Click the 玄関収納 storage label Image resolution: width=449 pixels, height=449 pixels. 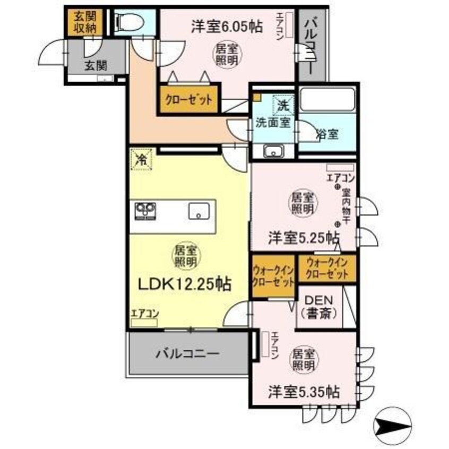82,22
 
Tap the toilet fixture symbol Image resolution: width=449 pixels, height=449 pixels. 127,22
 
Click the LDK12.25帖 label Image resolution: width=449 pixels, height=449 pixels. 184,285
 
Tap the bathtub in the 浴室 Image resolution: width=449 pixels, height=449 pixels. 327,100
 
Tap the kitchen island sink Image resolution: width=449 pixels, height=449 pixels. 200,211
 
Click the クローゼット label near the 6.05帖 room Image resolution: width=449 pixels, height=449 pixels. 188,99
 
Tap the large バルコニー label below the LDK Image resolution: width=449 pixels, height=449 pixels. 188,353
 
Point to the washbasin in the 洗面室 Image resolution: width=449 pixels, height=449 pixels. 274,151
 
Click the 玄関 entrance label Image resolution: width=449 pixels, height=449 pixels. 95,65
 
